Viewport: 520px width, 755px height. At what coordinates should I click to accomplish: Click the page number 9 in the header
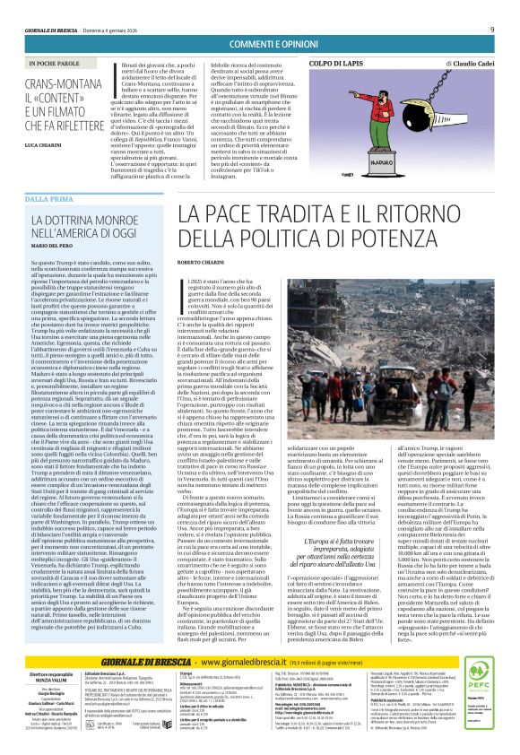point(491,30)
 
